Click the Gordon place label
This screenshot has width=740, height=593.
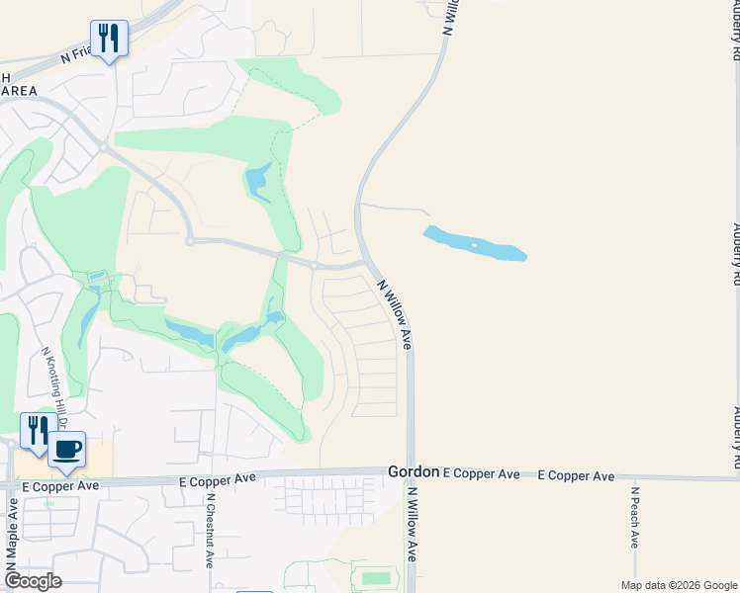[x=413, y=473]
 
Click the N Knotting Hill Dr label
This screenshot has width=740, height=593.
[x=53, y=387]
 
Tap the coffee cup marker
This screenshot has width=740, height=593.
[x=67, y=451]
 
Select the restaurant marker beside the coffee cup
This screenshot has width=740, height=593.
[x=36, y=431]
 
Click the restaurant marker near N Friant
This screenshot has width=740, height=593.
[x=109, y=39]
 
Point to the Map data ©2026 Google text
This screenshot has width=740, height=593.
[x=680, y=585]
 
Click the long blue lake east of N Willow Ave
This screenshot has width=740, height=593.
[x=475, y=244]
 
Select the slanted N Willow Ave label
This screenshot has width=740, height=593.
[x=395, y=312]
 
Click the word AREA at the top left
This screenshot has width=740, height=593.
[x=20, y=91]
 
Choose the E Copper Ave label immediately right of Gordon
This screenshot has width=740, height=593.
[x=482, y=475]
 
